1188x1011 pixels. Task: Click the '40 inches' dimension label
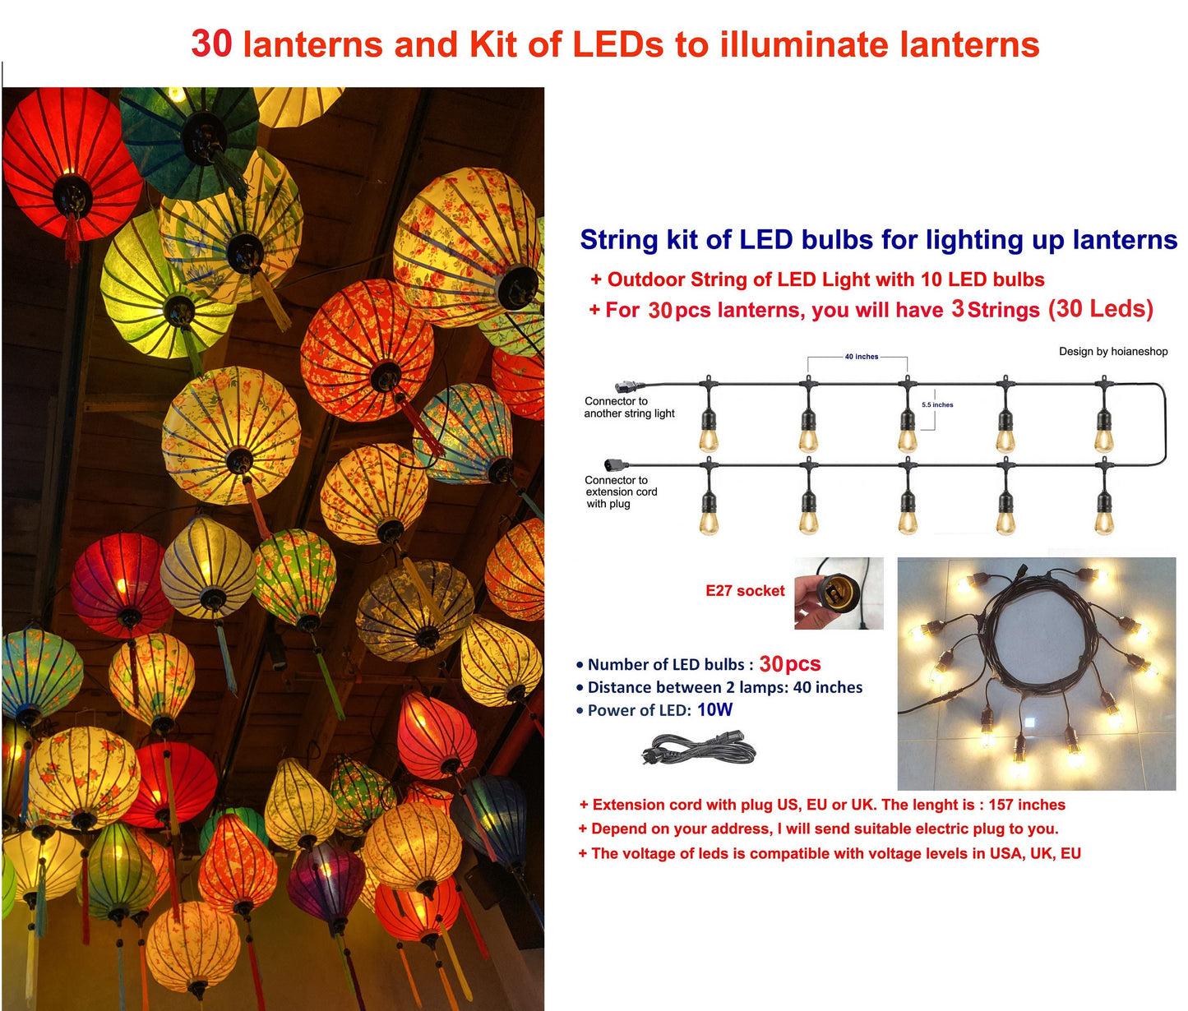pos(861,357)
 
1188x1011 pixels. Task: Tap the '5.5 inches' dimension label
pos(937,404)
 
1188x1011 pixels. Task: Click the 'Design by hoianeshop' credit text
pos(1113,351)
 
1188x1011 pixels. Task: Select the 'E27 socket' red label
pos(745,590)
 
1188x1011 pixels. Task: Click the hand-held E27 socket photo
pos(839,593)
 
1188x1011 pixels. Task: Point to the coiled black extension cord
pos(698,749)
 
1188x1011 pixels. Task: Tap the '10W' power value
pos(714,710)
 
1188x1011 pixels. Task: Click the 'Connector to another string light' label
pos(629,407)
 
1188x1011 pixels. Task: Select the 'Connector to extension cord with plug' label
pos(621,492)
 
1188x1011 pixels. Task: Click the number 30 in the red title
pos(211,44)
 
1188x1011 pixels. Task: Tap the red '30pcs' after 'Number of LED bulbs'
pos(790,664)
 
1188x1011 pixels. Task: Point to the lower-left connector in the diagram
pos(616,464)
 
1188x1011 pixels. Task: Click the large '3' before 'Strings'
pos(957,309)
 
